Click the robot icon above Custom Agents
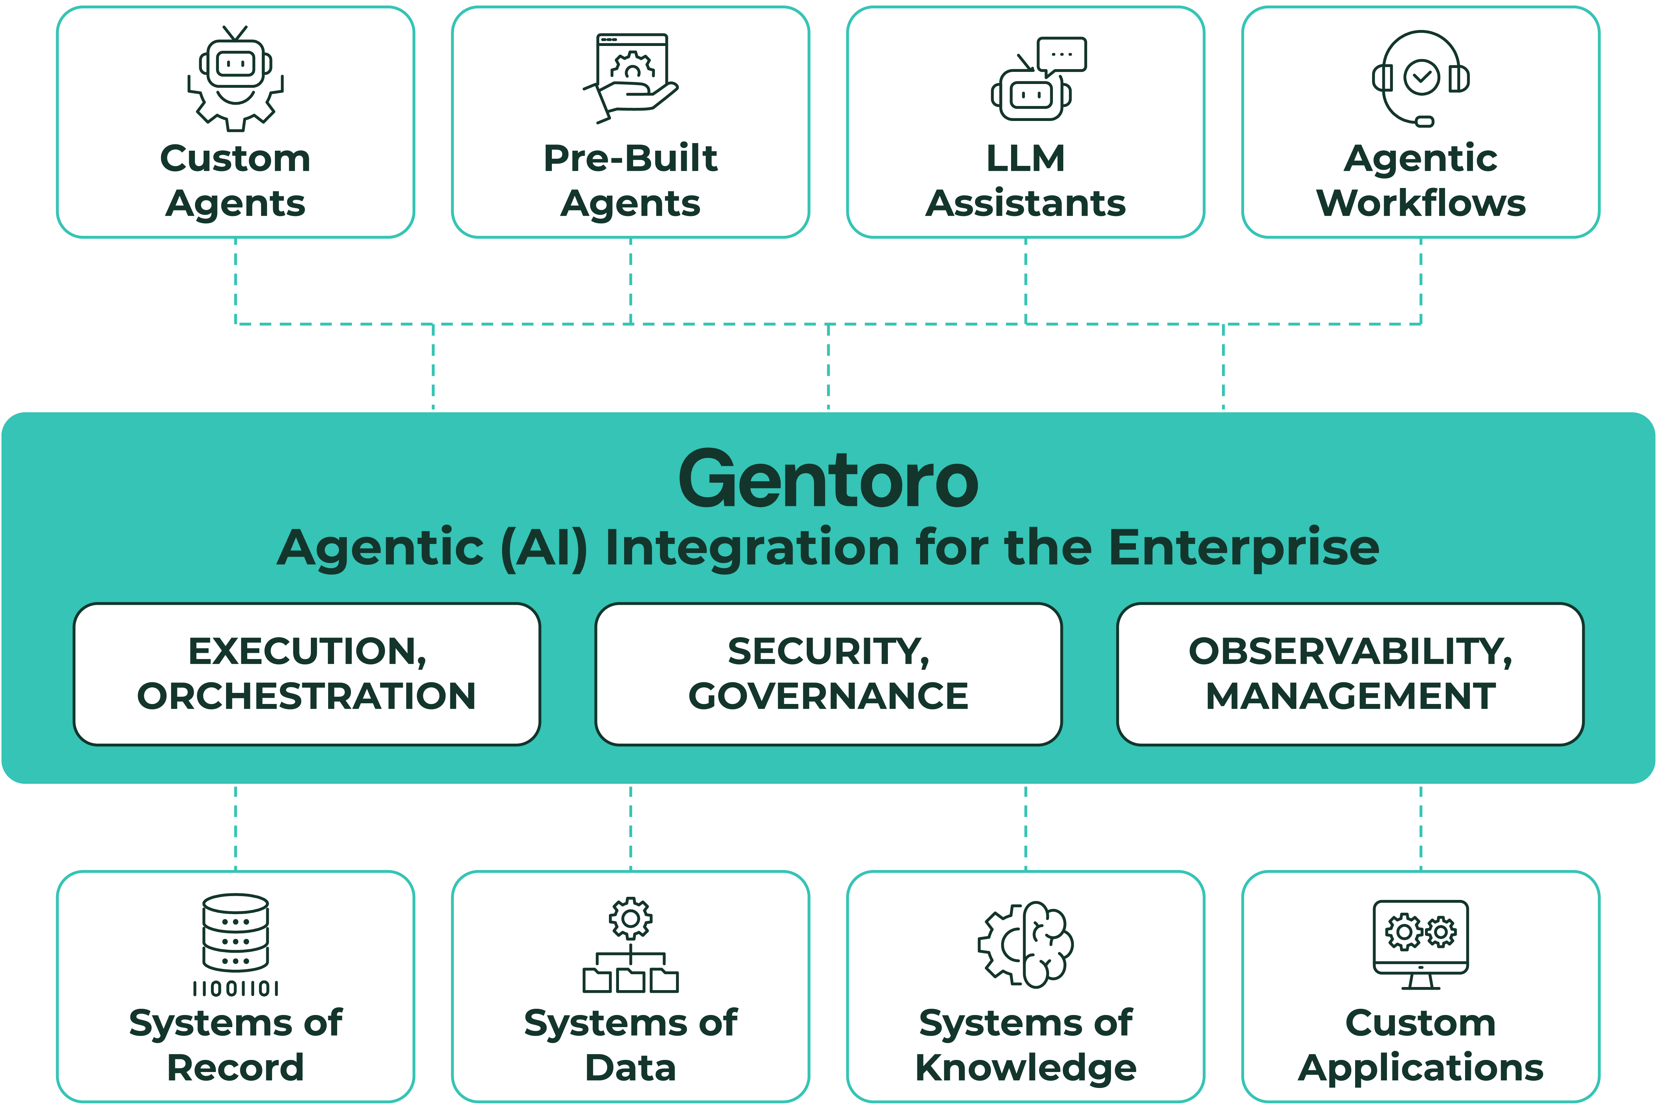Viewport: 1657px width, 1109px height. (x=235, y=79)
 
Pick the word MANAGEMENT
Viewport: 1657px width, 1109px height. (x=1350, y=696)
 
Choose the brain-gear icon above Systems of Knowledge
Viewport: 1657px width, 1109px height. (x=1026, y=944)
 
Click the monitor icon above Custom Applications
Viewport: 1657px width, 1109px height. (x=1421, y=944)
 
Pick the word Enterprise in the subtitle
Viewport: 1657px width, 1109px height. (x=1244, y=548)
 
